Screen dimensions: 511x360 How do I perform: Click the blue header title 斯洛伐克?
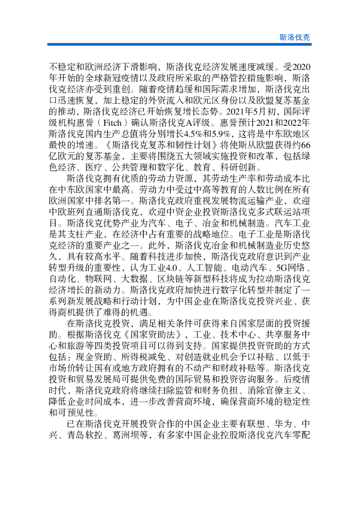[295, 37]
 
